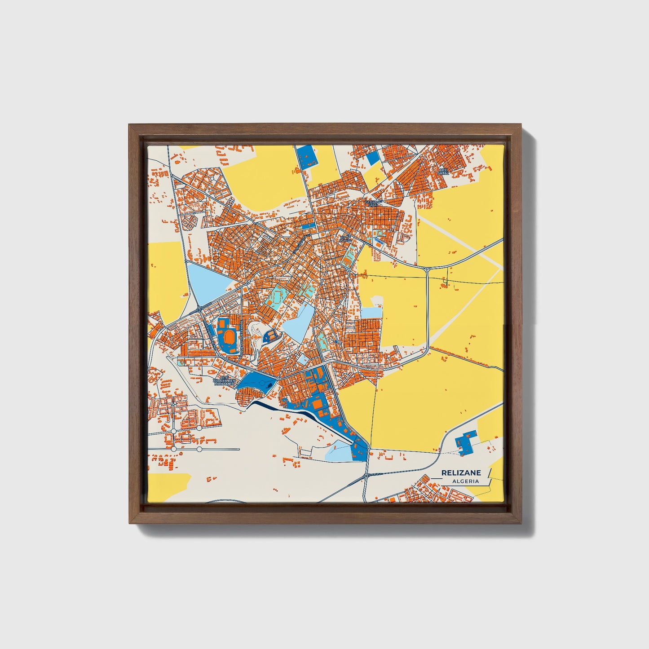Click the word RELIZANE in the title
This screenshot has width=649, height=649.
tap(461, 472)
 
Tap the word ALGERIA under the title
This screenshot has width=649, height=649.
tap(465, 481)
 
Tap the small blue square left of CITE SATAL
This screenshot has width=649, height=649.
tap(373, 158)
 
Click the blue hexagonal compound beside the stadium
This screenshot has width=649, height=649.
tap(271, 335)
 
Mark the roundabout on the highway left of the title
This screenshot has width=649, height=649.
tap(367, 475)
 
